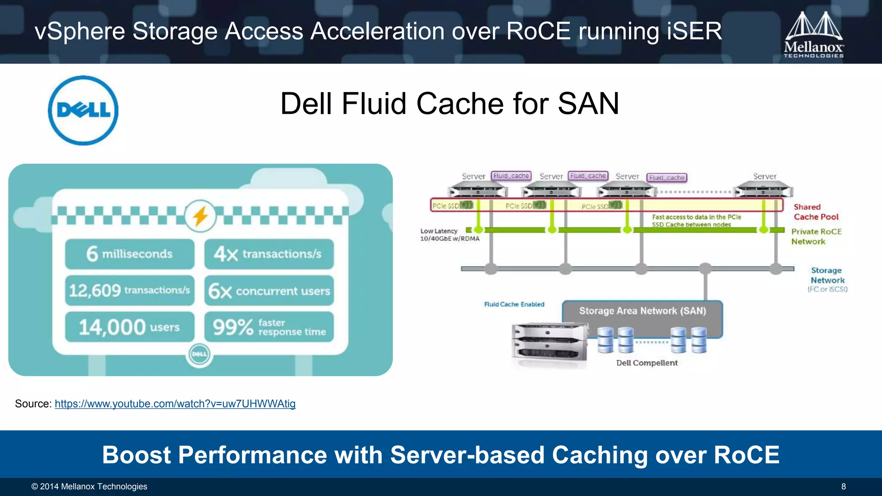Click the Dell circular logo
83,110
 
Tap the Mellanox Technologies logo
814,34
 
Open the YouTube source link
175,404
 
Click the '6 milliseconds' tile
130,254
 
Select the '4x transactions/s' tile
269,254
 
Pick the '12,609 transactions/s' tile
130,291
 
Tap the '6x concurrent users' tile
269,291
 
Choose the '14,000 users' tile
130,327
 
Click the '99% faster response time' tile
269,327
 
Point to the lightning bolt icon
200,216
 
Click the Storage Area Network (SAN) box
642,311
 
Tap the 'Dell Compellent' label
646,363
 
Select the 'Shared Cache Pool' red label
816,212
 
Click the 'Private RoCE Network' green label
816,236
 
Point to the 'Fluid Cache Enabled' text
514,304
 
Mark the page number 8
843,487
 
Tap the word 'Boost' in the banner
136,455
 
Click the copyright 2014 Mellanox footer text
89,487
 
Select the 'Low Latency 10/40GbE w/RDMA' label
449,235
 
